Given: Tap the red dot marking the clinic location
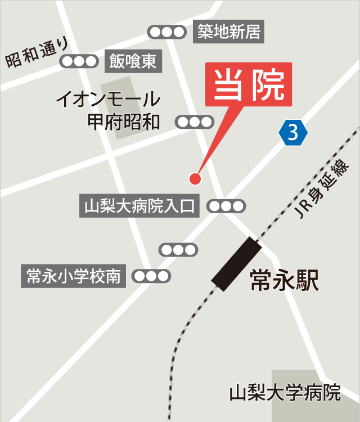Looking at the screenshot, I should click(x=195, y=179).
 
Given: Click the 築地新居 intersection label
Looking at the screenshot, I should click(x=229, y=32).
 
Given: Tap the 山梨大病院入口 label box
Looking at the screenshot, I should click(x=139, y=206).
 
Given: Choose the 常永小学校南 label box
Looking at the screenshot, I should click(x=74, y=276).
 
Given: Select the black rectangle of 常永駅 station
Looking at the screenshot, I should click(x=236, y=264).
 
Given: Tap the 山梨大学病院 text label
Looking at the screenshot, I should click(x=285, y=392).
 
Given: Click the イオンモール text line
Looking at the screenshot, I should click(x=108, y=101).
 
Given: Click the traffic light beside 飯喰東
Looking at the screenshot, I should click(x=79, y=61).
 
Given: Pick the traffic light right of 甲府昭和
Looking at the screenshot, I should click(x=195, y=122).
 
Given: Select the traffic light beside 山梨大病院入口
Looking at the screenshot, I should click(x=227, y=206).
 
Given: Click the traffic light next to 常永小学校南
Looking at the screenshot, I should click(x=151, y=276).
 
